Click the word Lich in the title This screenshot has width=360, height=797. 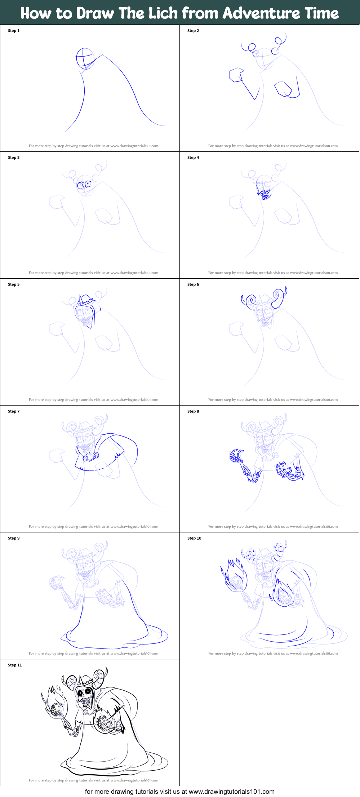click(x=163, y=13)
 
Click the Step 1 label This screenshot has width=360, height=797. click(x=14, y=31)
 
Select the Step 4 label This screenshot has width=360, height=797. click(x=193, y=158)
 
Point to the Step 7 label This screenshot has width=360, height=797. click(x=14, y=411)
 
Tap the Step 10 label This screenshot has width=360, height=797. click(x=194, y=538)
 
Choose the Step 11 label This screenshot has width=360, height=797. click(x=15, y=665)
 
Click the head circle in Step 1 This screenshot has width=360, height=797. click(x=85, y=58)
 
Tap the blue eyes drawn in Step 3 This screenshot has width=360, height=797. click(x=84, y=185)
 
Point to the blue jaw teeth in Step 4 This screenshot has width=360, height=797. click(x=265, y=195)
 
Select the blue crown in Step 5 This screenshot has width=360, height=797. click(x=86, y=300)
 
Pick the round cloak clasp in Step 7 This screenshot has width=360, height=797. click(x=86, y=458)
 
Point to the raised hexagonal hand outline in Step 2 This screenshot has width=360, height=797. click(x=236, y=75)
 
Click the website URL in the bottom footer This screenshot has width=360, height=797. click(x=231, y=792)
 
